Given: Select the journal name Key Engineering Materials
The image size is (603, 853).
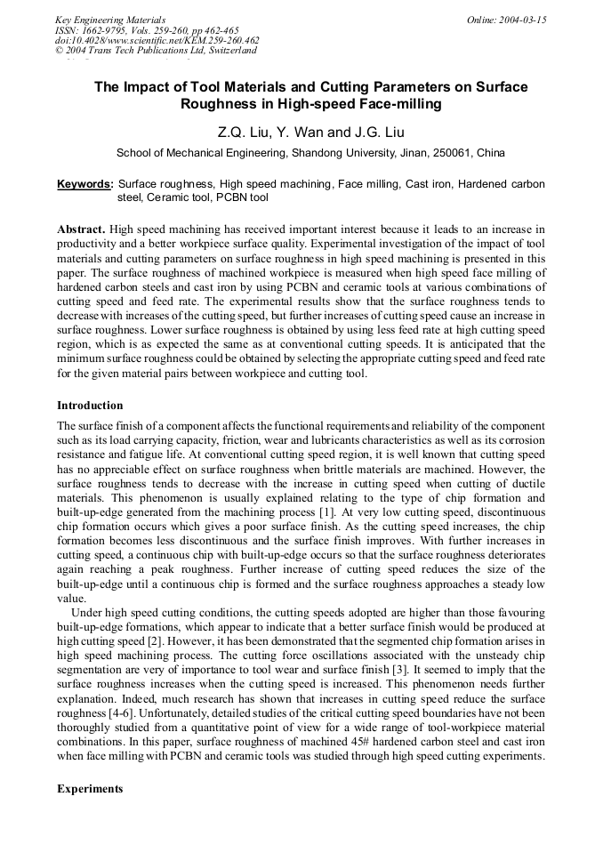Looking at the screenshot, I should point(110,19).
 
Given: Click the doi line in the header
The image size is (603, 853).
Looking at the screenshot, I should point(157,40).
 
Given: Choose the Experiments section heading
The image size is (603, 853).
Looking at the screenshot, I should point(90,789).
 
